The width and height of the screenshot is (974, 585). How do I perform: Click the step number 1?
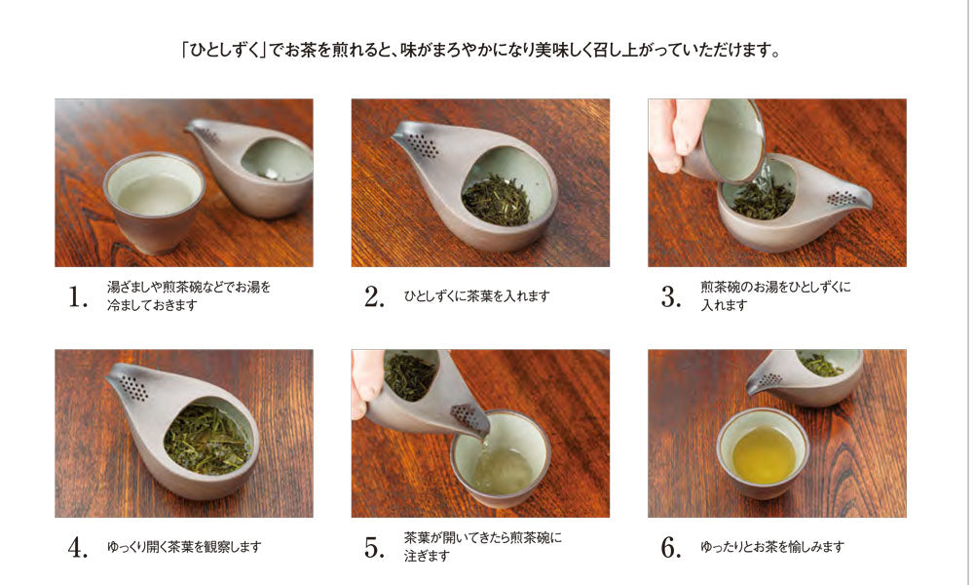78,296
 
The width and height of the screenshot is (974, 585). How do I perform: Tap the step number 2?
375,296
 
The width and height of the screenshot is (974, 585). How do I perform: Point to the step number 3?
671,296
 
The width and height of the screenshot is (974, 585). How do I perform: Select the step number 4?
78,548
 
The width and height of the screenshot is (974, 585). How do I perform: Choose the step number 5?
375,548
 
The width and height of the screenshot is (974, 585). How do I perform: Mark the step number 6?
671,548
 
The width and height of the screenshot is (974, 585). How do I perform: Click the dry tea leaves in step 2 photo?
496,199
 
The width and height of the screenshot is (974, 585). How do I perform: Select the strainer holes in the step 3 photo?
842,199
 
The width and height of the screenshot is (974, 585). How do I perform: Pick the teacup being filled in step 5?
500,459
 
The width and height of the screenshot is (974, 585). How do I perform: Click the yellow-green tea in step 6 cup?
764,455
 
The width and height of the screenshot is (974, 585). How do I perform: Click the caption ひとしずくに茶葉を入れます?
476,296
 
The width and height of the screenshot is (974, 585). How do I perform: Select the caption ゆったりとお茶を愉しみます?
772,547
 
